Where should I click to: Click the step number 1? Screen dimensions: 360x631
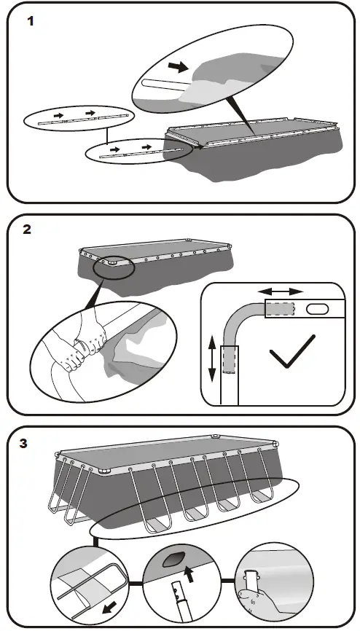coord(30,21)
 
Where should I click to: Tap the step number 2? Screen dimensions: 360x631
coord(26,230)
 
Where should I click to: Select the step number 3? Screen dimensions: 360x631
coord(23,444)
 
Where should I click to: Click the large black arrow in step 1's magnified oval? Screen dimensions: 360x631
coord(178,67)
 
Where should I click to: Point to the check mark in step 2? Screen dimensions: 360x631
coord(292,351)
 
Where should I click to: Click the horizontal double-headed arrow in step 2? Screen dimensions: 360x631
coord(281,291)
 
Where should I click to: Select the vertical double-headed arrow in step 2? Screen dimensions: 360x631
coord(213,359)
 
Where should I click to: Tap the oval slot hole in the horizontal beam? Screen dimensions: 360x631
coord(317,310)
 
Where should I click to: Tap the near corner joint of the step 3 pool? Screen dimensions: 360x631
coord(104,471)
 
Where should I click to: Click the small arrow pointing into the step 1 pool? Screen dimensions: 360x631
coord(197,147)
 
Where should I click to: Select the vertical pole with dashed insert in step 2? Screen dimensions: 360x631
coord(230,375)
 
